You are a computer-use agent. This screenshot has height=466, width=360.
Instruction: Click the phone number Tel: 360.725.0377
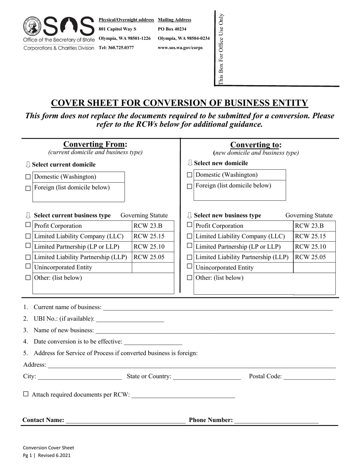(116, 48)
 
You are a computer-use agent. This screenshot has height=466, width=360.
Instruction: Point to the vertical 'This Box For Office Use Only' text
(221, 48)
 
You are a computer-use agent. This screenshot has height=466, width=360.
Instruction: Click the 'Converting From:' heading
(95, 144)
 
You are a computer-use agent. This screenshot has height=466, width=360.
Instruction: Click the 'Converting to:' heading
(256, 145)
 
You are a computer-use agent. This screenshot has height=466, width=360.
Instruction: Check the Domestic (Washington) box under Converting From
(28, 177)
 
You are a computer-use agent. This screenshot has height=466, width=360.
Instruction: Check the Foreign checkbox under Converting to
(189, 186)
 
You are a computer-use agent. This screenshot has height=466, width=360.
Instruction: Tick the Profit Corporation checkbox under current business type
(28, 225)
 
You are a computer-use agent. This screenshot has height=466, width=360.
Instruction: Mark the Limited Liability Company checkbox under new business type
(189, 236)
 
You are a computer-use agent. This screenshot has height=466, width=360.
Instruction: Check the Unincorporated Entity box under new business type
(189, 267)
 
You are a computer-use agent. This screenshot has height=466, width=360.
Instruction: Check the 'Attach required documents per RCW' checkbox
(26, 394)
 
